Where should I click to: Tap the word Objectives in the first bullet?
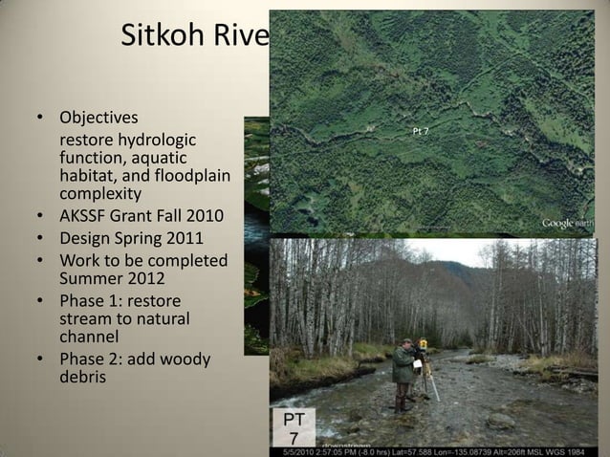(x=98, y=120)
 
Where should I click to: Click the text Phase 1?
(x=97, y=301)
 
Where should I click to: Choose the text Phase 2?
(x=97, y=359)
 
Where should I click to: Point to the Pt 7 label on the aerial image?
(x=420, y=130)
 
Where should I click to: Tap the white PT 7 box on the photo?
(x=293, y=428)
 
